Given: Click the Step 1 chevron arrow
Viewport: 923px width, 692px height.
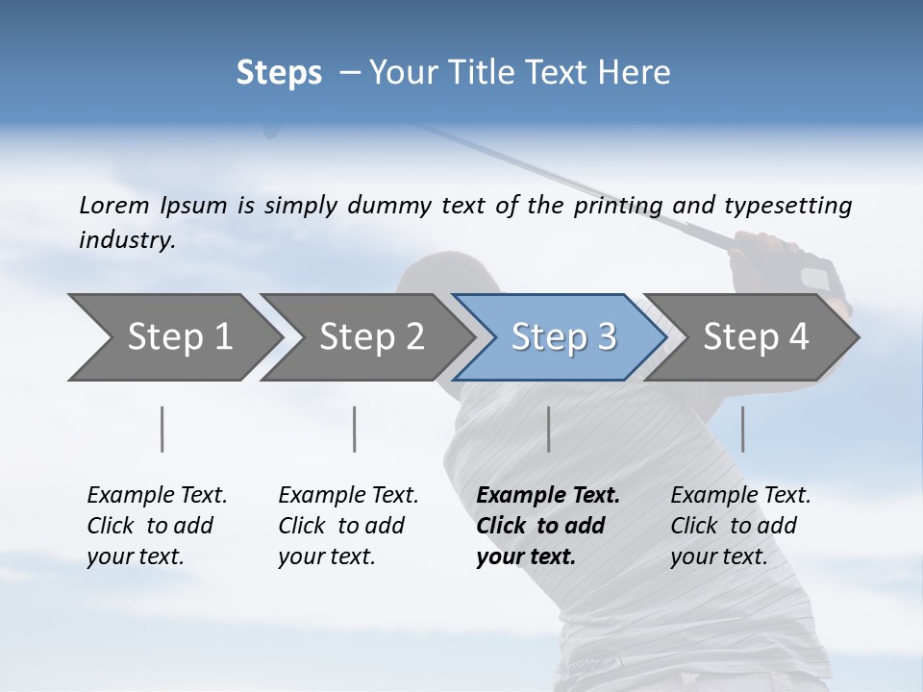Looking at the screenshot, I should pos(178,337).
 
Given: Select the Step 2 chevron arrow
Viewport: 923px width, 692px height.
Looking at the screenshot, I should pos(370,337).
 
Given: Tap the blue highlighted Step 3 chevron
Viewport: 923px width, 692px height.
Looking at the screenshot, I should pos(562,337).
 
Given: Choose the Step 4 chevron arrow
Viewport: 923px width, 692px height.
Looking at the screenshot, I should pos(755,337).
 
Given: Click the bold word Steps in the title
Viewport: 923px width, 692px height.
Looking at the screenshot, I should pos(279,73).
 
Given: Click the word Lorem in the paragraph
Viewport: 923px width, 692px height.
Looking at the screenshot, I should pos(113,205).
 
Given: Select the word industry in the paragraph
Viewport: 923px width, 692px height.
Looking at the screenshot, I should pos(127,239).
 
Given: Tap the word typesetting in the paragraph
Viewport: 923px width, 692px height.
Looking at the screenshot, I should pos(787,206).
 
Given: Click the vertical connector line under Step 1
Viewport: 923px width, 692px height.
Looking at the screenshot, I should pos(162,429).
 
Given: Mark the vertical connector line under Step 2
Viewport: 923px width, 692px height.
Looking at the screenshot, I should pos(355,429).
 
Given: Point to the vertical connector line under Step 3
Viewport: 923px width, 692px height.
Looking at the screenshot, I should pos(548,429).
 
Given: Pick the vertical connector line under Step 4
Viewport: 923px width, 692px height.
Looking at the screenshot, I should pos(742,429).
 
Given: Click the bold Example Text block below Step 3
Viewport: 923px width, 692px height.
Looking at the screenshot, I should pos(548,526).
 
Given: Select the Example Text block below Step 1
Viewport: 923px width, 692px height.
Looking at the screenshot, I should pos(157,526).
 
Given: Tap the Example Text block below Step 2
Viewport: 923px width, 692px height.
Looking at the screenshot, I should pos(348,526).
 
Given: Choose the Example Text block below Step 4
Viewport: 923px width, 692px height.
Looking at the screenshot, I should pos(740,526).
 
